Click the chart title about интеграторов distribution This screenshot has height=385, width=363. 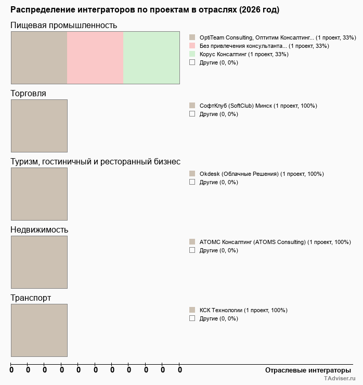[145, 10]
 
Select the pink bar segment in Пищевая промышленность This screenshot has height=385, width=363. [95, 57]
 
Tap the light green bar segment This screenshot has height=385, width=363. [151, 57]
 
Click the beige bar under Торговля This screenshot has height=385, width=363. [39, 125]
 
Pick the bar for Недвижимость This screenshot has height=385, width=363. [39, 262]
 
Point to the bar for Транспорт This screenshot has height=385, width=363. [39, 330]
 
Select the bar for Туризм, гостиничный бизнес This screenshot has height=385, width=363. [39, 194]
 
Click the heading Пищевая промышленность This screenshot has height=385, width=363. [63, 25]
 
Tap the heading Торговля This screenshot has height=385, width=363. [28, 93]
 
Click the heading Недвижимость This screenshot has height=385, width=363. [39, 229]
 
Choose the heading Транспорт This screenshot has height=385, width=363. [31, 298]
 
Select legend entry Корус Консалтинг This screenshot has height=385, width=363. [243, 54]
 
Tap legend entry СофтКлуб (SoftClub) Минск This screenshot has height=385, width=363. [258, 106]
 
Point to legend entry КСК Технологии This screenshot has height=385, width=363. [243, 310]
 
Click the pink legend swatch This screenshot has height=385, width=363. [192, 46]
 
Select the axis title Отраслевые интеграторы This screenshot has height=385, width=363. [305, 370]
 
